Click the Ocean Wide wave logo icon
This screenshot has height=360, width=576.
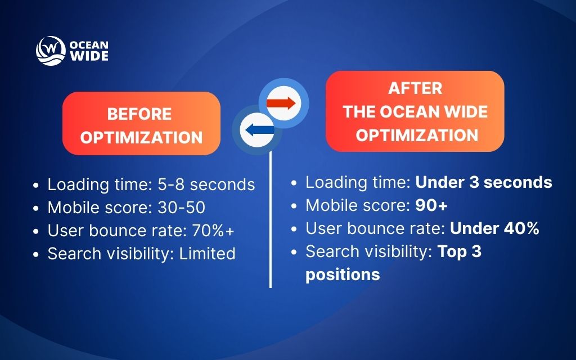click(x=50, y=51)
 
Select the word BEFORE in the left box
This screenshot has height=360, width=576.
click(x=139, y=114)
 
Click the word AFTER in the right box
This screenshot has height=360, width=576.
click(x=415, y=88)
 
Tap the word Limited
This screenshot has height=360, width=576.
click(x=207, y=254)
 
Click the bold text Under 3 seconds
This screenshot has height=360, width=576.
click(x=484, y=182)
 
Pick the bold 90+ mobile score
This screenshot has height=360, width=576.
click(x=431, y=205)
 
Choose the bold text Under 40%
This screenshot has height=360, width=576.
click(x=494, y=228)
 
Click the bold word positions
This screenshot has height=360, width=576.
click(x=343, y=274)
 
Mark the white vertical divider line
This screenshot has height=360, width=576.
click(x=271, y=225)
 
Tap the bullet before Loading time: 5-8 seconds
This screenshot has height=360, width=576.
click(x=37, y=185)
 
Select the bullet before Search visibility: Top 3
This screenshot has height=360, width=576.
click(x=295, y=252)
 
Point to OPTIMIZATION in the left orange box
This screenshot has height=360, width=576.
click(x=141, y=137)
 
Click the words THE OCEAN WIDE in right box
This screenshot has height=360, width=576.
click(x=415, y=111)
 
